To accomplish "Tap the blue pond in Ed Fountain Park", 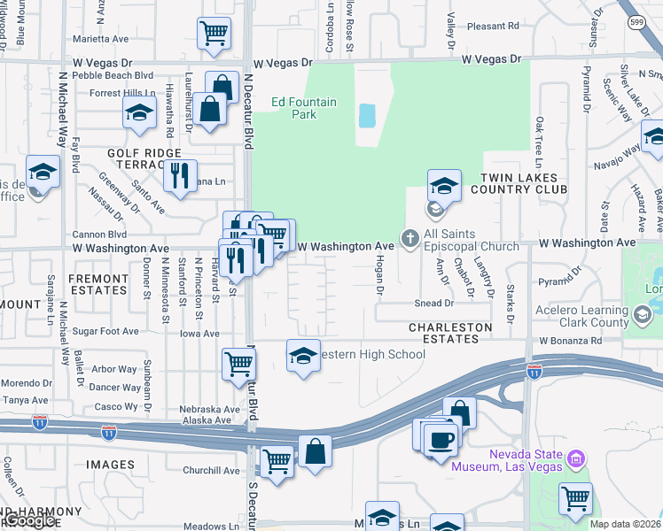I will click(365, 115).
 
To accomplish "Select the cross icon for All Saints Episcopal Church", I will click(409, 237).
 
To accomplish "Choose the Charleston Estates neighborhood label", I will click(450, 327).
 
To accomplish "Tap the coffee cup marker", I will click(441, 439).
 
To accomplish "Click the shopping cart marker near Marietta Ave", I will click(214, 33).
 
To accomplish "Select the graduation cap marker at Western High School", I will click(303, 356).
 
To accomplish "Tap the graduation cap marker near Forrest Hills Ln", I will click(139, 112).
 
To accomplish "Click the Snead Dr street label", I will click(433, 303).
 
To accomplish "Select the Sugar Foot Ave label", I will click(106, 332).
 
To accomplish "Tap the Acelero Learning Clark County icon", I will click(642, 313).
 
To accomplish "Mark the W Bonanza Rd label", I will click(570, 341).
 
